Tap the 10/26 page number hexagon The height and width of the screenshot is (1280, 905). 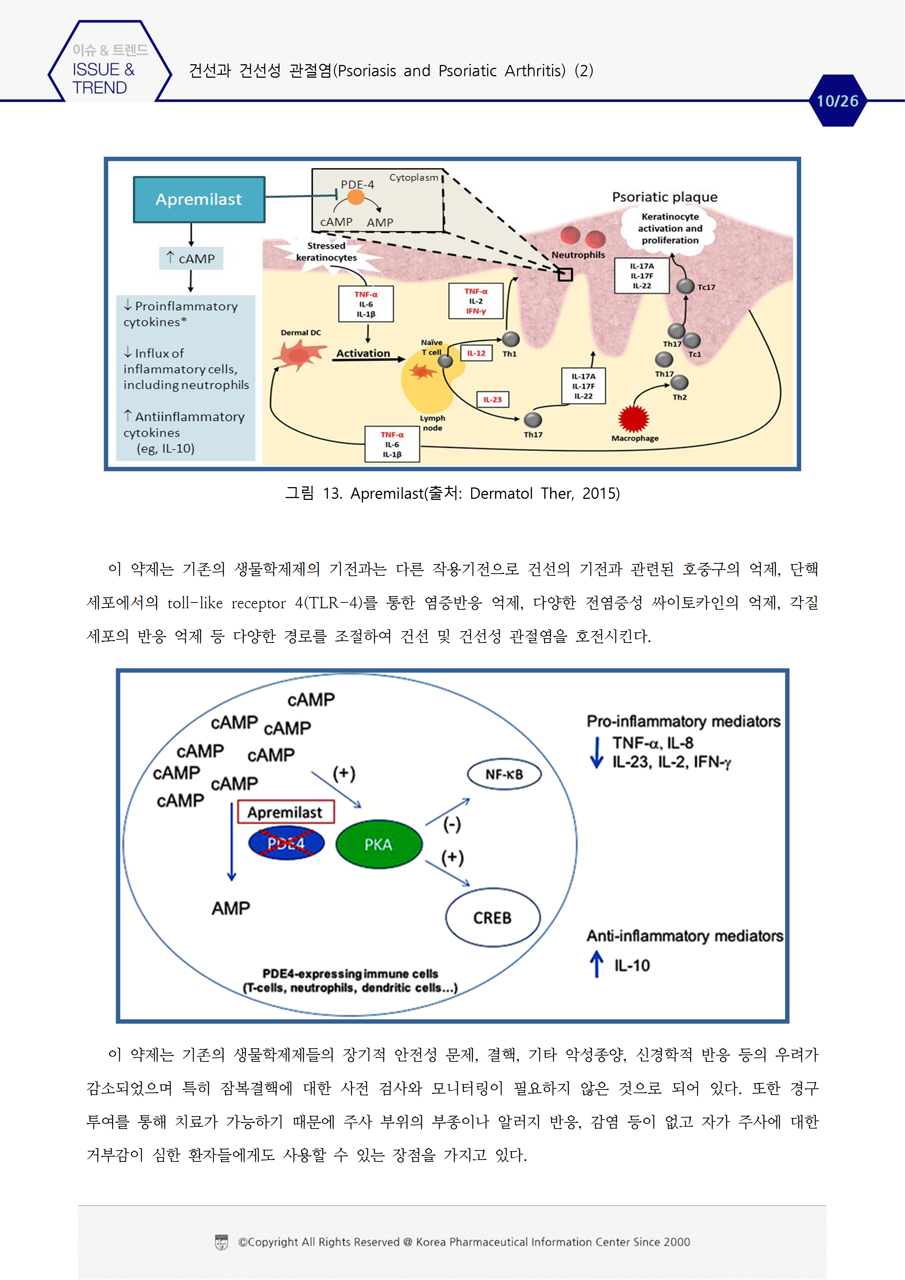837,101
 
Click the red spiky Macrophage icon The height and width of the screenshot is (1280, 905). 634,419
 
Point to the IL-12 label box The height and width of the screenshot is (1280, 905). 476,353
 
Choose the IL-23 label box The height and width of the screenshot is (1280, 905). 492,399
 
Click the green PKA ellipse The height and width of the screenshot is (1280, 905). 379,844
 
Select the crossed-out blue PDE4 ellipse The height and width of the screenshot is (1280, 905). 286,844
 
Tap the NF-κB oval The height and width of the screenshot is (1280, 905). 504,774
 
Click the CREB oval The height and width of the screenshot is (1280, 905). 492,918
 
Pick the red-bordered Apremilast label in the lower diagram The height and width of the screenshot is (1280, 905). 285,812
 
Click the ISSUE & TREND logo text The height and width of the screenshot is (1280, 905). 104,78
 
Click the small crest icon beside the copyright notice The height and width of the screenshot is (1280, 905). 222,1242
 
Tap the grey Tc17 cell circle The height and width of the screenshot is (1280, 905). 685,286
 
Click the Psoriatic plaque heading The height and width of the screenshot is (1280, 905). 665,197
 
